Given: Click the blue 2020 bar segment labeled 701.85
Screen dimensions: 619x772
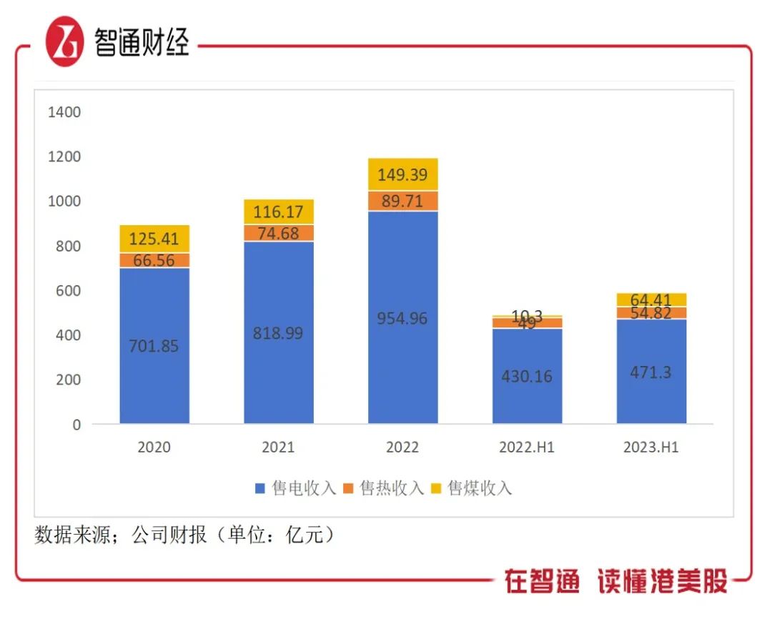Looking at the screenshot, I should (x=154, y=346).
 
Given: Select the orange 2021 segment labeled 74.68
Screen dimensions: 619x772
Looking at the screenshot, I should (x=279, y=233).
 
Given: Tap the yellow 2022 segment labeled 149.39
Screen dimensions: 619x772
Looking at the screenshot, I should (x=403, y=174).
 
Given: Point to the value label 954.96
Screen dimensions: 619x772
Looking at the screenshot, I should (x=403, y=319).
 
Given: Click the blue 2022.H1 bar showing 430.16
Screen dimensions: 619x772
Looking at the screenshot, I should (x=528, y=376).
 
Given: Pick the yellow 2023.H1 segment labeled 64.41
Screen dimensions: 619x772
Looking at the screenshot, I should (x=652, y=299).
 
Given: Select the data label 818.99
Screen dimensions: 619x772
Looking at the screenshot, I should (x=279, y=334).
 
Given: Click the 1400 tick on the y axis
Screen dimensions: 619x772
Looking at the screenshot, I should (x=64, y=112).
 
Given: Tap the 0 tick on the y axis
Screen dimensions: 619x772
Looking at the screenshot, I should (x=76, y=425).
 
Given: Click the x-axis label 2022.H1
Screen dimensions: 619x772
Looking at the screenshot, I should (x=528, y=448).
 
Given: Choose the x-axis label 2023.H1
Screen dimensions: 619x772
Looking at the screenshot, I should (x=652, y=448).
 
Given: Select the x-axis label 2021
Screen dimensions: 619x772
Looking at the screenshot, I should (x=279, y=448).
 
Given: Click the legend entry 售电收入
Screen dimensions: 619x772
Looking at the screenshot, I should (x=295, y=488).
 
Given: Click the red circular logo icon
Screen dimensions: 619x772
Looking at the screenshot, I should (x=65, y=42).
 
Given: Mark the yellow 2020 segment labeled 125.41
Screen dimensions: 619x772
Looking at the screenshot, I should (x=154, y=239).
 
